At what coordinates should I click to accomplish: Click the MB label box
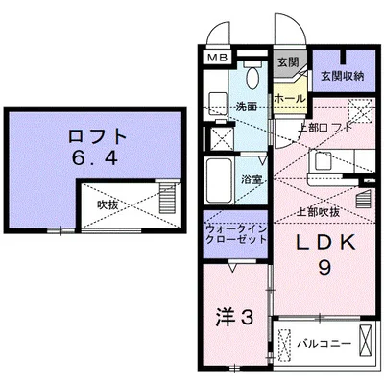[x=218, y=58]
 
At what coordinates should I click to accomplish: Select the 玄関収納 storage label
[x=342, y=76]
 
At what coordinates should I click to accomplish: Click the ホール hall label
[x=290, y=99]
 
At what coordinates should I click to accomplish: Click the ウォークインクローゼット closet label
[x=235, y=233]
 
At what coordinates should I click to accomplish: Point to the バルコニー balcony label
[x=318, y=341]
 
